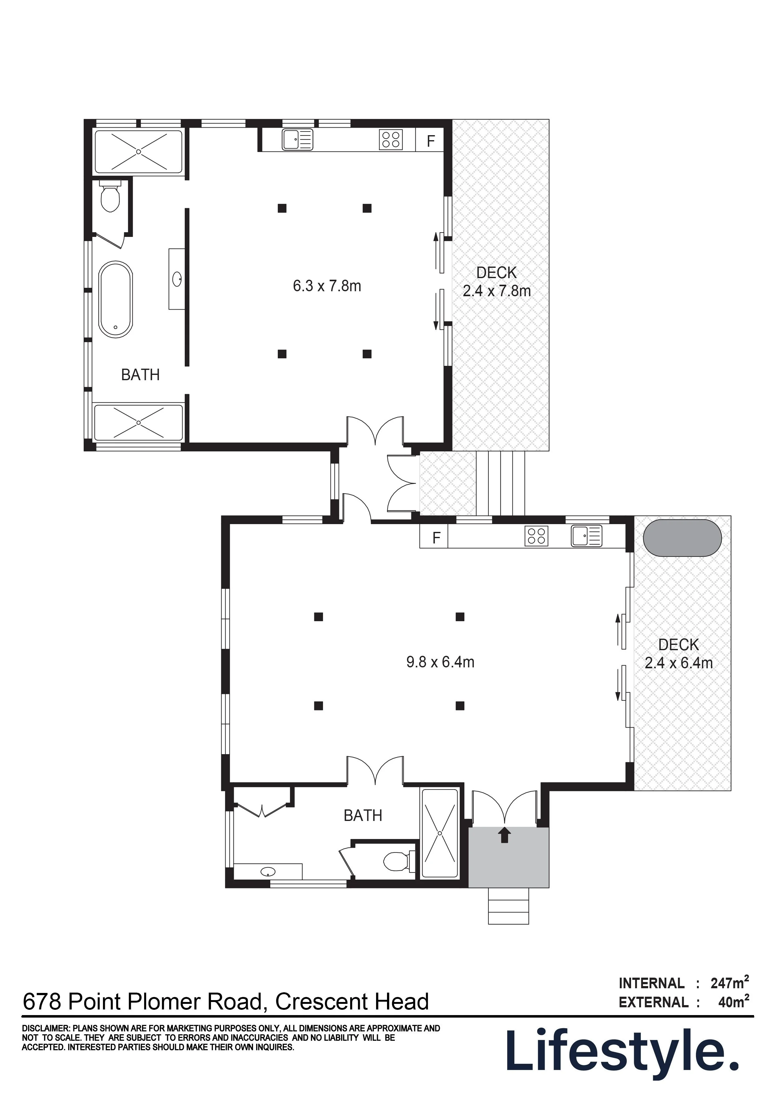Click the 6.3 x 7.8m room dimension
327,286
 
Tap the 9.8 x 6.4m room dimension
440,662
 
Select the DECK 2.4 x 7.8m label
497,281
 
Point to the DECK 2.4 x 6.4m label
678,653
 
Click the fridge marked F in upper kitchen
431,141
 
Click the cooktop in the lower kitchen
536,536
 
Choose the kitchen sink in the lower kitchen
586,536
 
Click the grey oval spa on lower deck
683,538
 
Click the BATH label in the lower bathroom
363,816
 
